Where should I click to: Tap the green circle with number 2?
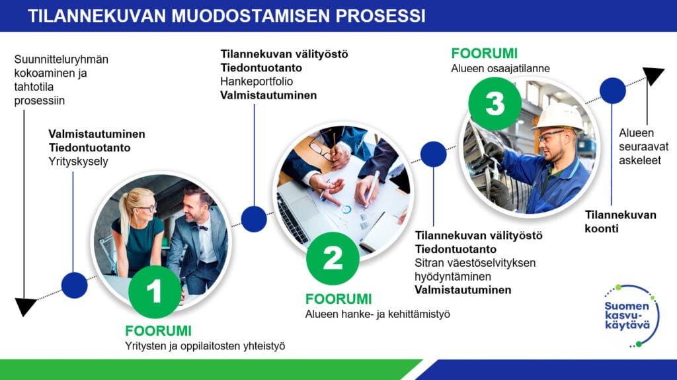[333, 258]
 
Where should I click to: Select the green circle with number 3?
[495, 104]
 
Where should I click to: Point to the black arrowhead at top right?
[653, 75]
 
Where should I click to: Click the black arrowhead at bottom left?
[26, 307]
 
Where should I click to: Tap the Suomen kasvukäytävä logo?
[631, 315]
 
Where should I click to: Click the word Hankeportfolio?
[257, 81]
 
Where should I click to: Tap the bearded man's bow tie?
[201, 227]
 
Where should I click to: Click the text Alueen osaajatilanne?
[500, 68]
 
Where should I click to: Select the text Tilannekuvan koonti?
[621, 221]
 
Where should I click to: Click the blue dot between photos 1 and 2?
[254, 218]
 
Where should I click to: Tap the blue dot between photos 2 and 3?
[434, 154]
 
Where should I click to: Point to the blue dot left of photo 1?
[74, 285]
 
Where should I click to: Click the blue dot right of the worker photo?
[612, 91]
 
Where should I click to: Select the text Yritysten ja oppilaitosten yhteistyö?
[205, 346]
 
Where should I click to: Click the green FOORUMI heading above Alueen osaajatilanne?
[484, 54]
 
